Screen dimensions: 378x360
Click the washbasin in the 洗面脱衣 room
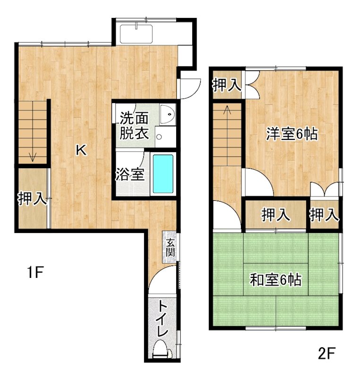167,114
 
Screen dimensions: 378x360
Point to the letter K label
81,151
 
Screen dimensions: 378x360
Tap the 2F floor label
326,352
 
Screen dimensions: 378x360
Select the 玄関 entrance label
170,246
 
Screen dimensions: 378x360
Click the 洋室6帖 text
291,134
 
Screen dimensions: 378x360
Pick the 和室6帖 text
275,280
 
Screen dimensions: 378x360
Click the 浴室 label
130,174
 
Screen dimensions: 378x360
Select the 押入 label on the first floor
32,199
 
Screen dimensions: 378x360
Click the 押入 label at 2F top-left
227,86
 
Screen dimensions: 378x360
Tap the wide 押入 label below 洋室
276,215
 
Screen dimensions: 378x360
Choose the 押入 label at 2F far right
325,215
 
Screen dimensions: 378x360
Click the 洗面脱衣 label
134,125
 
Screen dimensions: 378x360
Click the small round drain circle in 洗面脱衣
159,137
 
